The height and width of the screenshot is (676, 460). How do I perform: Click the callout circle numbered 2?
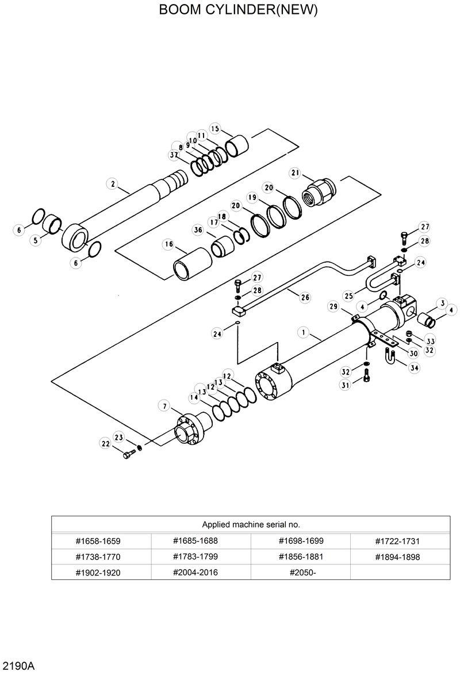click(113, 185)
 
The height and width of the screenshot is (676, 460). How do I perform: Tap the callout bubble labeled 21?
click(296, 172)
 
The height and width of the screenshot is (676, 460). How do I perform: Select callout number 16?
click(168, 244)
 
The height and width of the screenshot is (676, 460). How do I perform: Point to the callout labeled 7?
click(164, 406)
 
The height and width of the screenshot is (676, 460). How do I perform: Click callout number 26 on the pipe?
click(305, 297)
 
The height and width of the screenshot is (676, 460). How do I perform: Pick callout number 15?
click(215, 128)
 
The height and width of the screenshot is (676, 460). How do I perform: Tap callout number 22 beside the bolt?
click(105, 443)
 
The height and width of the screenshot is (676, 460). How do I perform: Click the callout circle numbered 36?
click(198, 230)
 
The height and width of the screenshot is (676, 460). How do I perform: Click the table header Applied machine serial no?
click(251, 524)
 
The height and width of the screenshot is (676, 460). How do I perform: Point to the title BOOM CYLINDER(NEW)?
click(230, 10)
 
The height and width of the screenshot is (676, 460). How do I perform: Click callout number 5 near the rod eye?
click(36, 240)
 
